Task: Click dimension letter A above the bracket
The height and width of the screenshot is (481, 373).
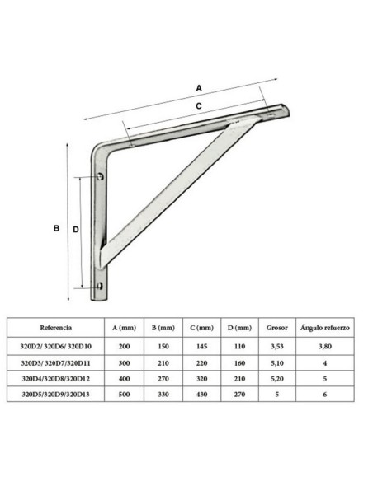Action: [199, 85]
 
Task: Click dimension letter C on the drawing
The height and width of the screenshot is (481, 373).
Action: [199, 105]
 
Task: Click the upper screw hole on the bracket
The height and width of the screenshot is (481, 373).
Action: [101, 176]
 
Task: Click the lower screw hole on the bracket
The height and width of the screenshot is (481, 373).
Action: [100, 286]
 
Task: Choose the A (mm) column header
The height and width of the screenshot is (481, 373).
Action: [124, 327]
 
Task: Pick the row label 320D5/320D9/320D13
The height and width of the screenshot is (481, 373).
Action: [56, 395]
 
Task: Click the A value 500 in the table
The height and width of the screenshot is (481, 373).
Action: [124, 395]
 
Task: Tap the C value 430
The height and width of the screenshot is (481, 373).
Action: [201, 395]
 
